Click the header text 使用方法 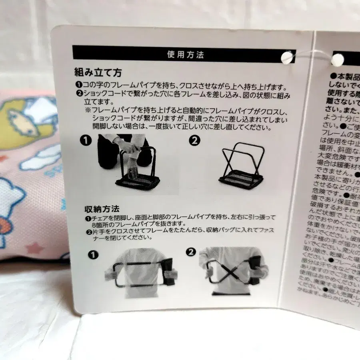point(185,54)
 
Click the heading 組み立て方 point(98,73)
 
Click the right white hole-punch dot point(338,60)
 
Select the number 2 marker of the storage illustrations point(191,252)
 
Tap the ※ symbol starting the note point(87,109)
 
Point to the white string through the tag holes point(312,56)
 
